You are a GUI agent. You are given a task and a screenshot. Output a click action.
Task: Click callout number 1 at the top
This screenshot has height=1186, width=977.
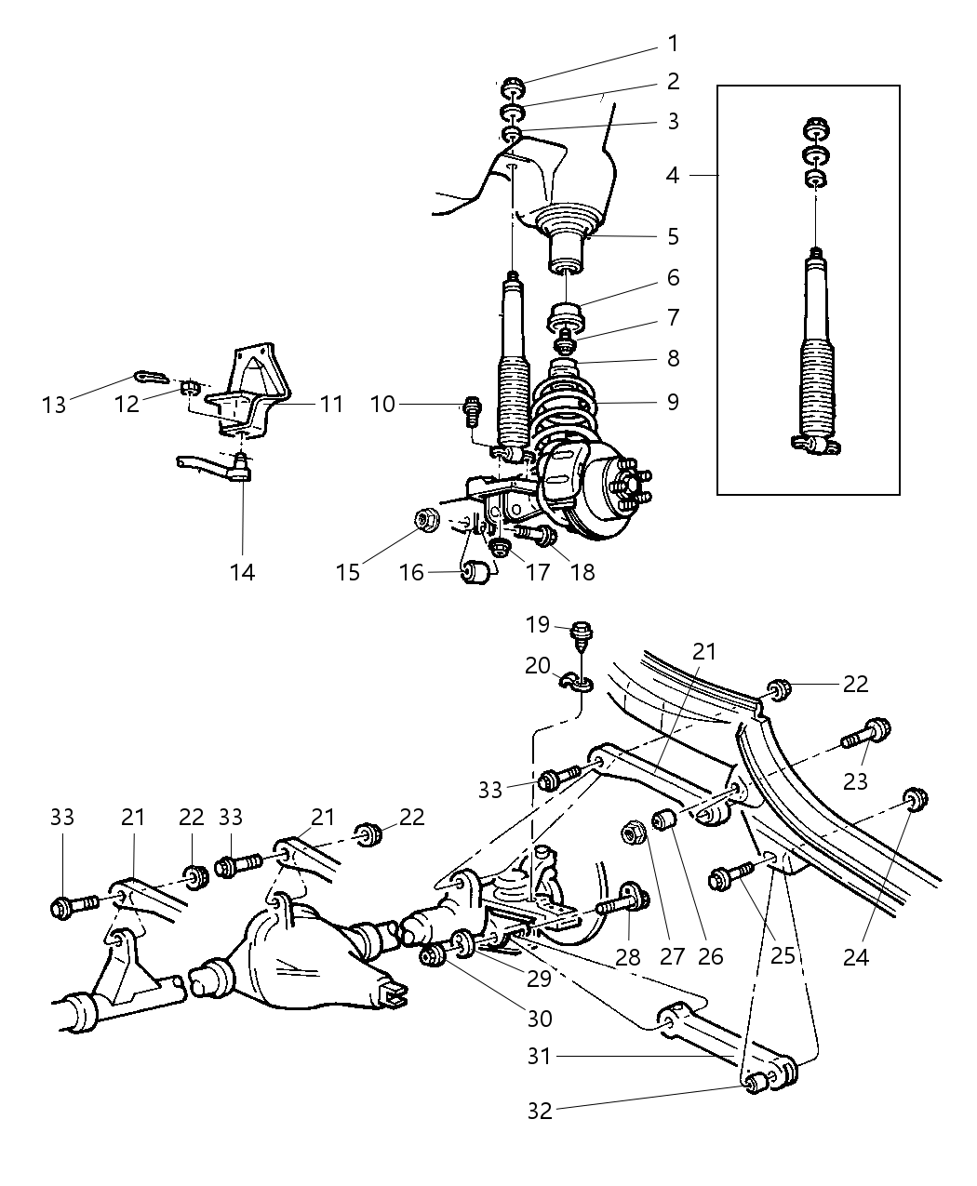coord(673,44)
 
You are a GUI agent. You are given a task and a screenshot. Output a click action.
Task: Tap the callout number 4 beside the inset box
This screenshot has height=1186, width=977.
coord(673,174)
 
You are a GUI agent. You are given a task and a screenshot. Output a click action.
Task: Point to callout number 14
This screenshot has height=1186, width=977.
coord(242,571)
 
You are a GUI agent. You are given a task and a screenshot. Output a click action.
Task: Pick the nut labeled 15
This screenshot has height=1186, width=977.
coord(428,520)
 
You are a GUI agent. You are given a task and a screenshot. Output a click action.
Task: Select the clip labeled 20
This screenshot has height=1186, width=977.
coord(574,685)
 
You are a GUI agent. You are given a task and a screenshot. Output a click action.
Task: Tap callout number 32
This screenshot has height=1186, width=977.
coord(539,1110)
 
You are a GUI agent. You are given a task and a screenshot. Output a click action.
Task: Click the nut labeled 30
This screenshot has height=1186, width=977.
coord(433,955)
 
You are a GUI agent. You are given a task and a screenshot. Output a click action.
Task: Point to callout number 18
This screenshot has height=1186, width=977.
coord(582,571)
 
